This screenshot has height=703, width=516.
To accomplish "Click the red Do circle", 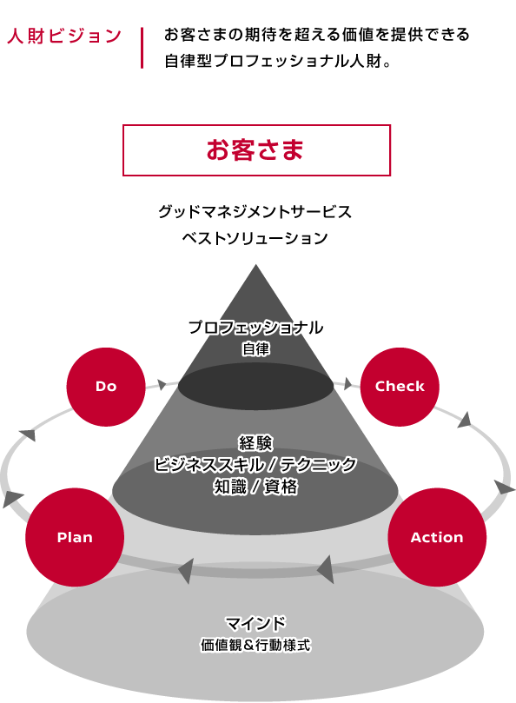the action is tap(106, 387).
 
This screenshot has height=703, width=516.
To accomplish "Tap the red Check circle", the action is tap(400, 387).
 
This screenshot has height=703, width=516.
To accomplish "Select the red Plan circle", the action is tap(75, 537).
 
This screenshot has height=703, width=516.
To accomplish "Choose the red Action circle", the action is tap(437, 537).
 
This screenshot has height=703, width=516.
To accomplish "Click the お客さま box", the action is tap(256, 150).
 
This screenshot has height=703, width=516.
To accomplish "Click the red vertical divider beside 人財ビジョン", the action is tap(142, 48).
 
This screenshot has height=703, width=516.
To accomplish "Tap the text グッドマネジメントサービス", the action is tap(255, 212).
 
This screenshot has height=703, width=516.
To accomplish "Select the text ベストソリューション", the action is tap(255, 237).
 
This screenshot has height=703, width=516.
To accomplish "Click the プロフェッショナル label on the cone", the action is tap(255, 328).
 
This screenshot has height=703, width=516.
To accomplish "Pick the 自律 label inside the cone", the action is tap(255, 348).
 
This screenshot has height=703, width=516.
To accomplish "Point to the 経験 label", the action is tap(255, 443).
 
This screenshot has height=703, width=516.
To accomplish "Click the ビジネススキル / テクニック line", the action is tap(255, 465).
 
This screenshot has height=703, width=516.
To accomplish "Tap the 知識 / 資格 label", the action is tap(255, 487).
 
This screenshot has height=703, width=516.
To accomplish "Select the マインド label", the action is tap(255, 623).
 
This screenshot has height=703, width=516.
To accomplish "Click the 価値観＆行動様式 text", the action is tap(255, 645).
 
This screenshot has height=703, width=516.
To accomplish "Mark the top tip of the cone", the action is tap(255, 264).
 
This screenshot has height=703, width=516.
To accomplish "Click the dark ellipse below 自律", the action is tap(255, 387).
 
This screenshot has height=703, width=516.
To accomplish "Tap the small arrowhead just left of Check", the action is tap(347, 384).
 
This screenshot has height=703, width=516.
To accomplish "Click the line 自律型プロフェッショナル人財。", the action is tap(278, 61).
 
